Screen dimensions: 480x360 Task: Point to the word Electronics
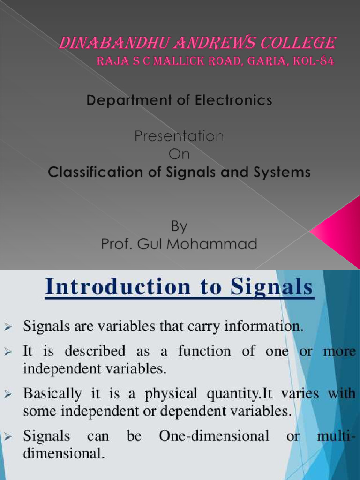(x=237, y=100)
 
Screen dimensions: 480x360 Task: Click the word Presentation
(x=180, y=136)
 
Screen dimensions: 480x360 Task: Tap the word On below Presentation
(x=180, y=154)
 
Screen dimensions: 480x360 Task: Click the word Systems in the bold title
(x=283, y=172)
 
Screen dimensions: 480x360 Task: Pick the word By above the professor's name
(x=179, y=226)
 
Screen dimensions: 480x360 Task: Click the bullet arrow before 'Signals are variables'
(x=9, y=326)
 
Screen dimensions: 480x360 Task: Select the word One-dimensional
(x=214, y=436)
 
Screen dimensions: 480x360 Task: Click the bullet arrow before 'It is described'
(x=9, y=352)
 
